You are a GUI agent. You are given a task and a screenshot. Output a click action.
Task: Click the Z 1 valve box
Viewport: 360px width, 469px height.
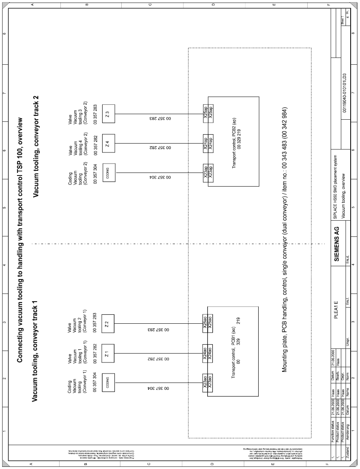(108, 353)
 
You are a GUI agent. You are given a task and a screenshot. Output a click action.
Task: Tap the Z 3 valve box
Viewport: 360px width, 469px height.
(108, 114)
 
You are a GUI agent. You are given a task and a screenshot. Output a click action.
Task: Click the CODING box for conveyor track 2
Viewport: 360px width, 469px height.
(108, 173)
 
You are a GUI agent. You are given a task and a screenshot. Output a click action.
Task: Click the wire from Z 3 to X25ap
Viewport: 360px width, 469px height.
(157, 114)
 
